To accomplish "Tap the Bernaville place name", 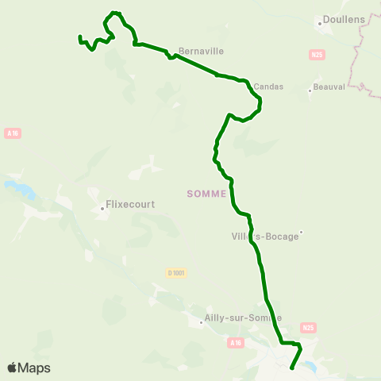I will pyautogui.click(x=202, y=51).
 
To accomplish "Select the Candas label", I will pyautogui.click(x=268, y=87).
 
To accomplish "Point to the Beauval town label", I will pyautogui.click(x=329, y=87).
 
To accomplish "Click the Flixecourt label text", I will pyautogui.click(x=130, y=204).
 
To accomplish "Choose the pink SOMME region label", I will pyautogui.click(x=206, y=193).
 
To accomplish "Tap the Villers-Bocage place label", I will pyautogui.click(x=264, y=236).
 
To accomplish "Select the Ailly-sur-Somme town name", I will pyautogui.click(x=242, y=317).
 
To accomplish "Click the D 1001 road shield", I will pyautogui.click(x=176, y=273).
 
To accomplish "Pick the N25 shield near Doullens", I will pyautogui.click(x=317, y=55).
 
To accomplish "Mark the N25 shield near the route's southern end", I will pyautogui.click(x=309, y=327).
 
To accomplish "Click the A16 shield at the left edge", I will pyautogui.click(x=12, y=133).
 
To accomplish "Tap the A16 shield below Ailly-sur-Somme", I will pyautogui.click(x=234, y=343).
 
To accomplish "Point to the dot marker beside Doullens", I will pyautogui.click(x=320, y=23).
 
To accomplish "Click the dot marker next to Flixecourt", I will pyautogui.click(x=102, y=210).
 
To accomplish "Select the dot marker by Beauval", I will pyautogui.click(x=309, y=91).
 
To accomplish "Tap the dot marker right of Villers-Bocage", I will pyautogui.click(x=302, y=233).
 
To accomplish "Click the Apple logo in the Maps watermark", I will pyautogui.click(x=12, y=368).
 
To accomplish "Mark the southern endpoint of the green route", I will pyautogui.click(x=292, y=368).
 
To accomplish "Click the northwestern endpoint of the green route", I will pyautogui.click(x=80, y=37).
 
